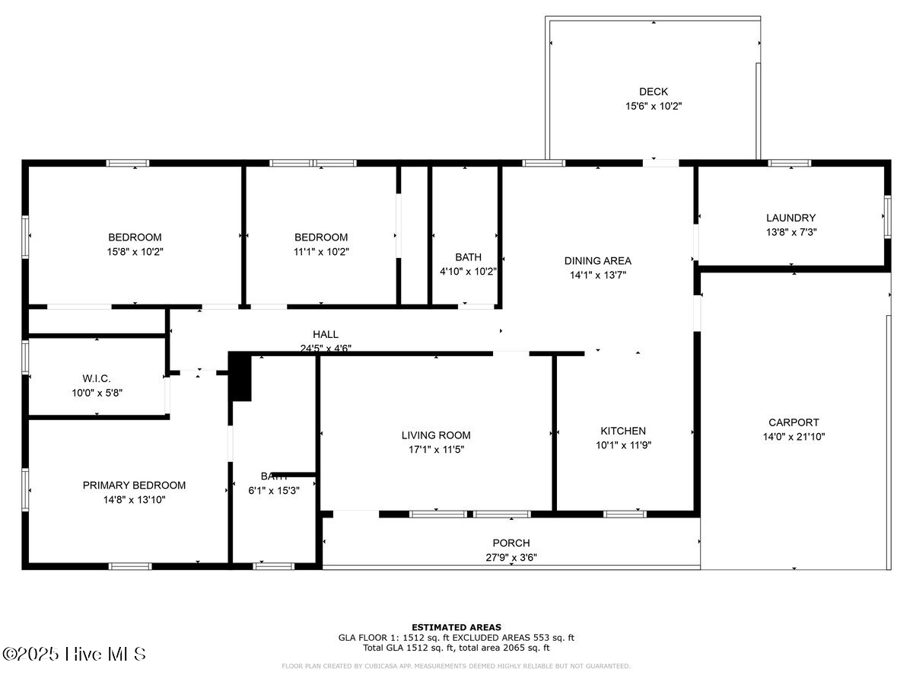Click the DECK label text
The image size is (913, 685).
pyautogui.click(x=654, y=92)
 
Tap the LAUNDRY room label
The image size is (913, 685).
pyautogui.click(x=791, y=218)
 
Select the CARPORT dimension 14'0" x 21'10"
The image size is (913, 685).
pyautogui.click(x=794, y=437)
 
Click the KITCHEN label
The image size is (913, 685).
pyautogui.click(x=623, y=431)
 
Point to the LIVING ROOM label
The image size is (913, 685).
pyautogui.click(x=436, y=435)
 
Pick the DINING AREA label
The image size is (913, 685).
pyautogui.click(x=597, y=261)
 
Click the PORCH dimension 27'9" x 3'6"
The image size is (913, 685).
pyautogui.click(x=511, y=557)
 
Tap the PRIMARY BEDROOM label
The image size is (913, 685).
pyautogui.click(x=134, y=486)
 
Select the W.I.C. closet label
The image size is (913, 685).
pyautogui.click(x=97, y=378)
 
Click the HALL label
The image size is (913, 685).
pyautogui.click(x=326, y=334)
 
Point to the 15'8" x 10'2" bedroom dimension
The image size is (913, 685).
pyautogui.click(x=135, y=251)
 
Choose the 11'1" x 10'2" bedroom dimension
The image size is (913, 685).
pyautogui.click(x=321, y=251)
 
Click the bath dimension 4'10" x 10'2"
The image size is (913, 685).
pyautogui.click(x=468, y=271)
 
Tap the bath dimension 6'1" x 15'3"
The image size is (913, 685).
pyautogui.click(x=274, y=491)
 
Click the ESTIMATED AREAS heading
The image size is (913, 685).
pyautogui.click(x=456, y=627)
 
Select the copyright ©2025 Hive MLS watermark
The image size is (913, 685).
pyautogui.click(x=74, y=654)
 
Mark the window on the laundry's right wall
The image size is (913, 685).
pyautogui.click(x=887, y=216)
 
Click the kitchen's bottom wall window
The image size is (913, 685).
pyautogui.click(x=625, y=514)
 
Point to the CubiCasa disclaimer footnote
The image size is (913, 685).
pyautogui.click(x=456, y=666)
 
